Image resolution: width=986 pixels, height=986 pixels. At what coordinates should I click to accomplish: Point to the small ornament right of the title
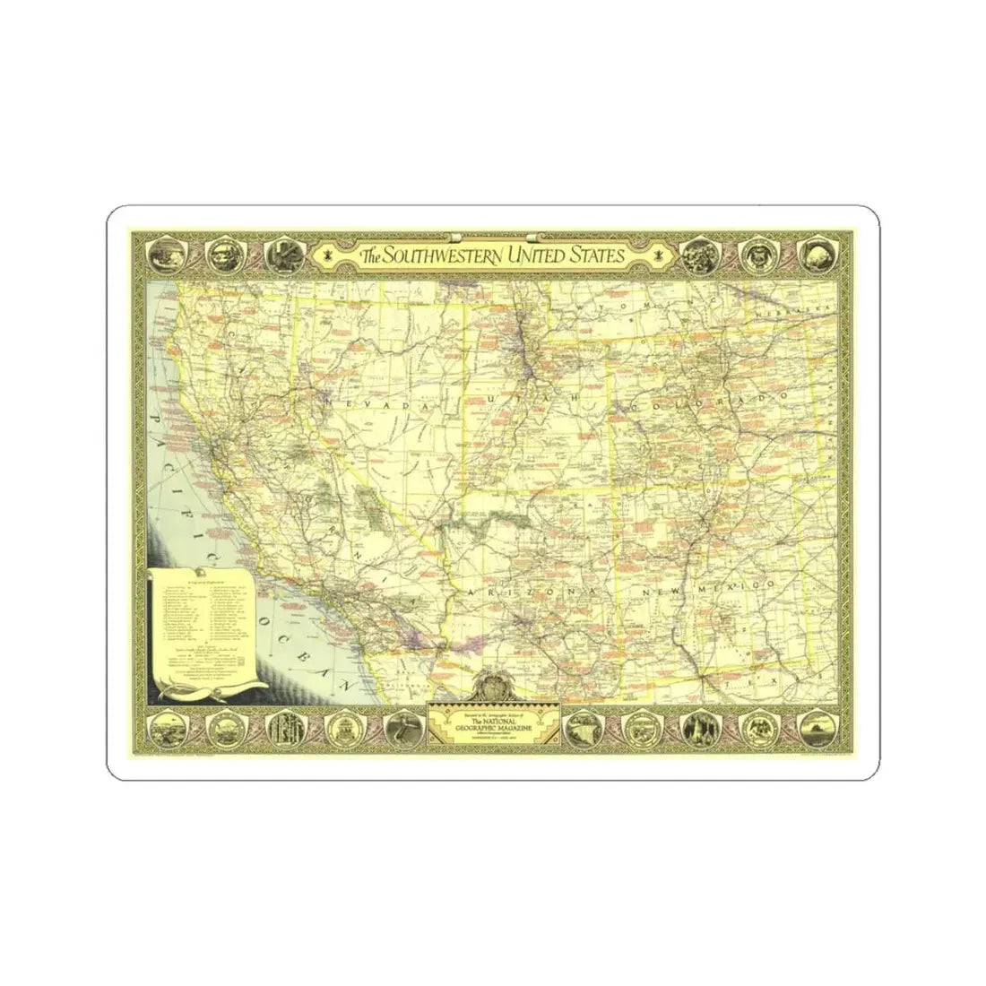coord(660,255)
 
